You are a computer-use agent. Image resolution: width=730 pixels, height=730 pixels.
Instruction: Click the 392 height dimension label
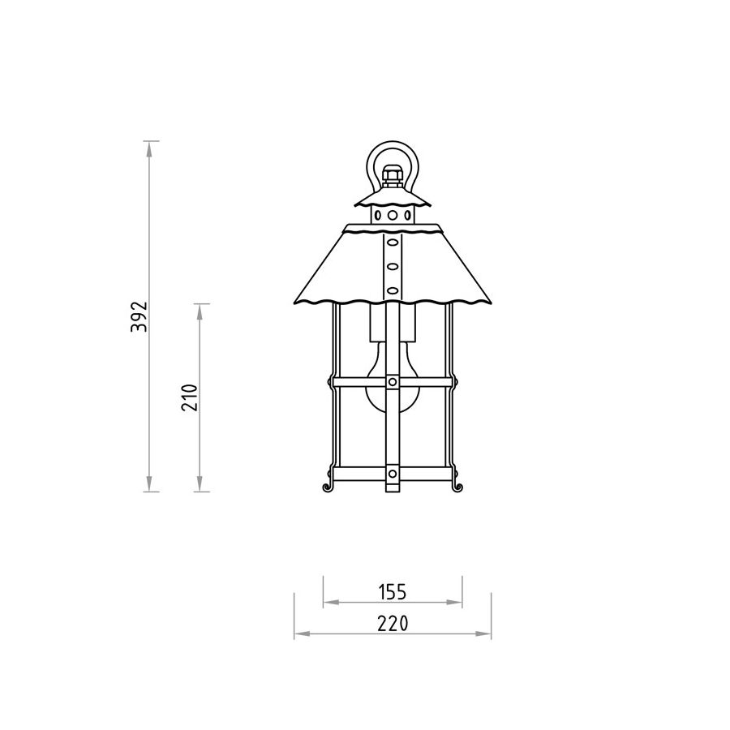140,316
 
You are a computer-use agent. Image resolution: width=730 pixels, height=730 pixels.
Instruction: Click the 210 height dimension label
190,397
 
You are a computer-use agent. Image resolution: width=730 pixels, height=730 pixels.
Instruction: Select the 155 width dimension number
392,592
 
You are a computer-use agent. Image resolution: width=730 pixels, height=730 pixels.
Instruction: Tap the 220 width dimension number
393,624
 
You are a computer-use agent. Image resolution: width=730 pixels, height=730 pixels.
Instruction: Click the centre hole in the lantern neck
393,215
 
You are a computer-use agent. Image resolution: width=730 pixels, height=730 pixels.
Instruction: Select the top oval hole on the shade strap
393,243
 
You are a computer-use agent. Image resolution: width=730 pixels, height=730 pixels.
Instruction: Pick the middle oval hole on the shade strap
393,267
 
